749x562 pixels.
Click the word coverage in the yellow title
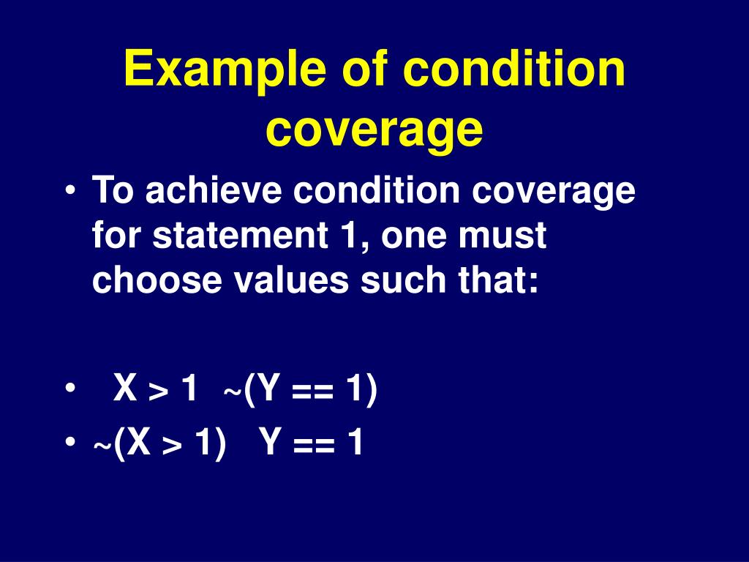coord(374,129)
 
